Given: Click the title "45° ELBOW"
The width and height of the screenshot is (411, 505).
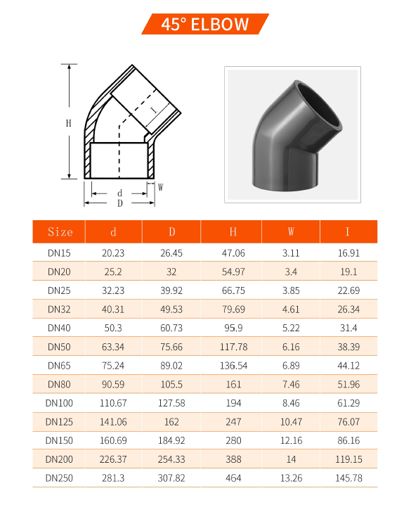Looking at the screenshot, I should pyautogui.click(x=204, y=25).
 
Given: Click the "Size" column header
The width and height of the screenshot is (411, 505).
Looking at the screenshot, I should pyautogui.click(x=60, y=232).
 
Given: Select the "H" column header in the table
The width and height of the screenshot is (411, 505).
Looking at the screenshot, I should pyautogui.click(x=232, y=232).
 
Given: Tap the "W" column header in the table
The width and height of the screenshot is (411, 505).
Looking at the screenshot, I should pyautogui.click(x=291, y=232).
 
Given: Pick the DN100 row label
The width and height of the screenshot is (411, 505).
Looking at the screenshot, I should pyautogui.click(x=60, y=403).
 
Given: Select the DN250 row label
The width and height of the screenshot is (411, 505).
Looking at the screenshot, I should pyautogui.click(x=60, y=478).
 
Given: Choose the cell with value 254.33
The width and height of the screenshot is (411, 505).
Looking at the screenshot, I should pyautogui.click(x=172, y=459).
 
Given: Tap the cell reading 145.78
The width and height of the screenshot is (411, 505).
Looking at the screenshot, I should pyautogui.click(x=348, y=478).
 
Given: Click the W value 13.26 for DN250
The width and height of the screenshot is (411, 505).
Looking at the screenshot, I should pyautogui.click(x=291, y=478).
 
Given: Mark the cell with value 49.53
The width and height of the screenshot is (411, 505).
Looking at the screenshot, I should pyautogui.click(x=172, y=309).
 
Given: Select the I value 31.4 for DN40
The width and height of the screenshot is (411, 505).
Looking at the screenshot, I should pyautogui.click(x=348, y=328).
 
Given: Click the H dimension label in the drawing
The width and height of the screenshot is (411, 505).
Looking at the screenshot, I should pyautogui.click(x=69, y=123).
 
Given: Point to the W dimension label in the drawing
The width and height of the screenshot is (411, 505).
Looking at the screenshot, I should pyautogui.click(x=160, y=188).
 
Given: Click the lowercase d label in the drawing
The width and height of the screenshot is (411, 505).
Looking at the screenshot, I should pyautogui.click(x=120, y=193).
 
